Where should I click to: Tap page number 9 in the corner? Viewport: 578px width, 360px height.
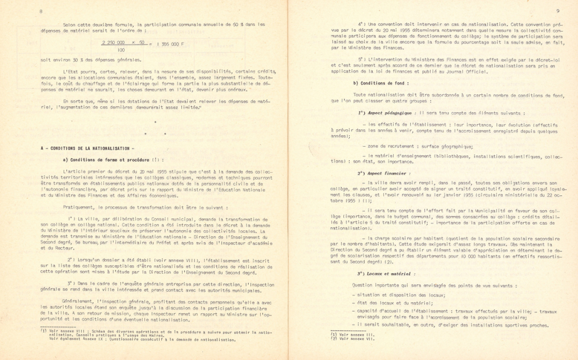click(x=557, y=10)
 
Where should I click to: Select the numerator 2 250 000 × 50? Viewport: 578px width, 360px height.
click(x=123, y=43)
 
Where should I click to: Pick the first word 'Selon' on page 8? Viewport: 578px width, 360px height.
click(x=69, y=24)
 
